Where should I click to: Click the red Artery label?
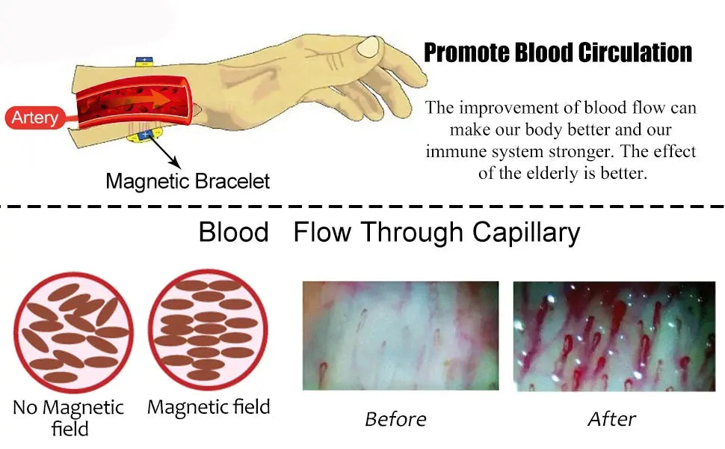(x=35, y=117)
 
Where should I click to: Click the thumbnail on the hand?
(x=368, y=46)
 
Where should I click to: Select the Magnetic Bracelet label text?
(x=188, y=181)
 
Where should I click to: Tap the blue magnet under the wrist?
(x=145, y=135)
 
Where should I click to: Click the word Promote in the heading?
(x=466, y=53)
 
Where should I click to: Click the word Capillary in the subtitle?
(x=525, y=233)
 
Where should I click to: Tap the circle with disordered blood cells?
(x=73, y=332)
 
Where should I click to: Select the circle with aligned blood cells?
(x=208, y=329)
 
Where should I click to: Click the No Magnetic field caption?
(x=69, y=418)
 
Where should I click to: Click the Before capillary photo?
(x=401, y=335)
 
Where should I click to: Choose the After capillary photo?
(x=614, y=336)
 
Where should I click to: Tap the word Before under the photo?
(x=395, y=419)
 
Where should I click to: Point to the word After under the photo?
(x=611, y=419)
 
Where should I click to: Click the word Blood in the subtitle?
(x=233, y=232)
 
